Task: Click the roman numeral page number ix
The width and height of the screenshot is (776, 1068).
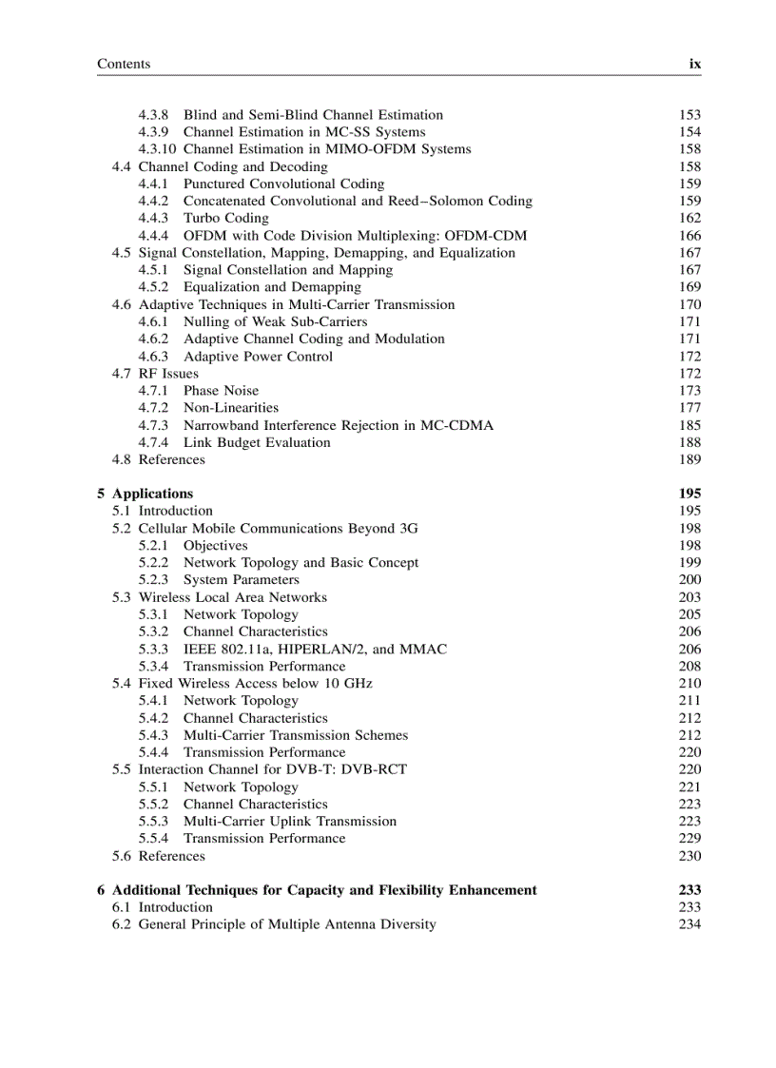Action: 694,64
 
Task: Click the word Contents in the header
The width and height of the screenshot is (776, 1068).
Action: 124,64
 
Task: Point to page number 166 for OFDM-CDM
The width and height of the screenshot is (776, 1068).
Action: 689,236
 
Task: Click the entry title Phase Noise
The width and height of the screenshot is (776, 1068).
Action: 221,391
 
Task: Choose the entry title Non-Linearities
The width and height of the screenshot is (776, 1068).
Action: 231,408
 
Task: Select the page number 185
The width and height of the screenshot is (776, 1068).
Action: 689,425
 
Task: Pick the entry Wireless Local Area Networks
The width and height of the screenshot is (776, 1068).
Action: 232,597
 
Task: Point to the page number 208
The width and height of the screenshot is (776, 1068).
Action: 689,667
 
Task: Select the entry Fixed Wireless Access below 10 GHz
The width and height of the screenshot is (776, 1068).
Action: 255,684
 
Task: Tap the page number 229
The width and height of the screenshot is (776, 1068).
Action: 689,839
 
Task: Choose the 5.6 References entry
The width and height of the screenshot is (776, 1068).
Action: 158,856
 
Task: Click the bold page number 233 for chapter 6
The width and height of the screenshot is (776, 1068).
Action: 689,890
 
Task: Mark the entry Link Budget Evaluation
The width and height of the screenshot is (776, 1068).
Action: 257,442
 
